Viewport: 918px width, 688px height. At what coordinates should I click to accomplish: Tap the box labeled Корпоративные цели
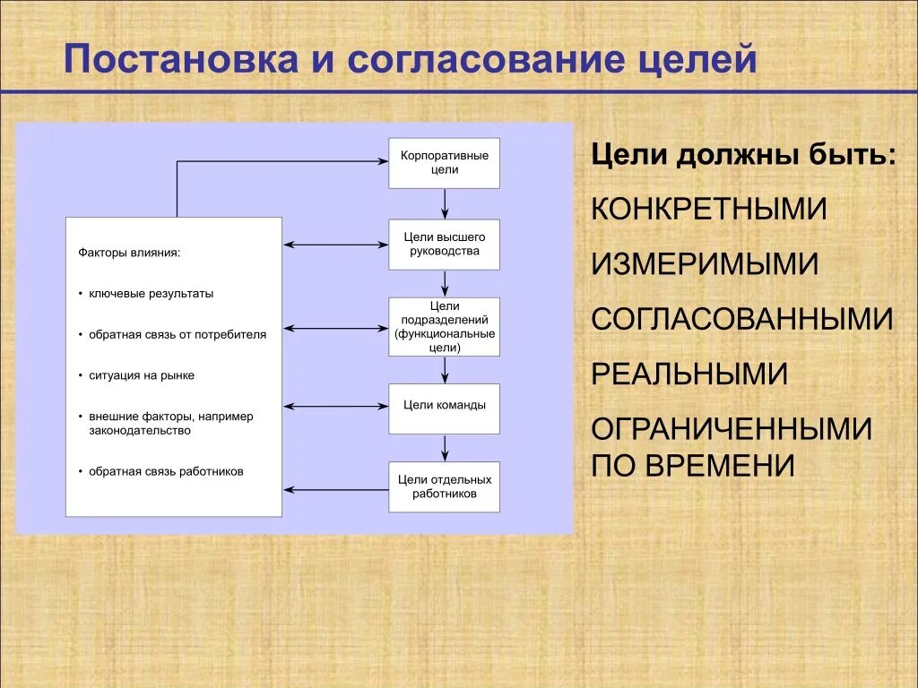click(444, 162)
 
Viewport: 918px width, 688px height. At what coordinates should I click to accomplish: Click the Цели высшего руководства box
click(444, 244)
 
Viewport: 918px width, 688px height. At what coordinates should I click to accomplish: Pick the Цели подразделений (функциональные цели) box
click(444, 327)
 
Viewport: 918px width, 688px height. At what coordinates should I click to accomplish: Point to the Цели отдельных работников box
click(444, 486)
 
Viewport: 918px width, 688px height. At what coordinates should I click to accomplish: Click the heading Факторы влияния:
click(129, 253)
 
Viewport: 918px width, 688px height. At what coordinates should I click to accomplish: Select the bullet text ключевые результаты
click(151, 293)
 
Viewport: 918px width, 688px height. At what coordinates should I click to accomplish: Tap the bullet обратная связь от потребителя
click(177, 334)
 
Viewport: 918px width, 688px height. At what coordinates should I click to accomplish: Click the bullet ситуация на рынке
click(141, 375)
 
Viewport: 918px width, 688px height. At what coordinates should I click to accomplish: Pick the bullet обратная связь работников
click(165, 471)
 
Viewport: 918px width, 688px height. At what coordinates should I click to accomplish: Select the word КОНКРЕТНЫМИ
click(708, 209)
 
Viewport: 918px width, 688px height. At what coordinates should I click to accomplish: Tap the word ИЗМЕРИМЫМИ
click(705, 264)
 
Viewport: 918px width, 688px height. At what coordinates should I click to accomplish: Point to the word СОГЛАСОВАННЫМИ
click(742, 319)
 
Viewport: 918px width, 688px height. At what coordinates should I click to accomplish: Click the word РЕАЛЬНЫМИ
click(689, 374)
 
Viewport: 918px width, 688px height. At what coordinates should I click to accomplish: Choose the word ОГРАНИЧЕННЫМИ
click(732, 429)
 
